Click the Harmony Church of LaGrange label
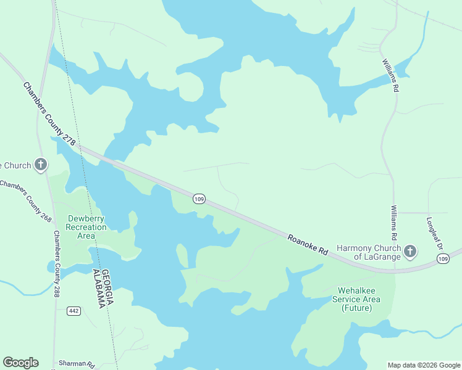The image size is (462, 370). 368,252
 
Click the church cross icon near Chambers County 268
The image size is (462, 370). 41,164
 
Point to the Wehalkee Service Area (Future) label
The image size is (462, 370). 356,299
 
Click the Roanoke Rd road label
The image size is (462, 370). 307,243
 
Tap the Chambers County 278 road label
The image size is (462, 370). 49,114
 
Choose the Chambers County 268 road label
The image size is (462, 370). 25,201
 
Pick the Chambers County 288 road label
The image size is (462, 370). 57,264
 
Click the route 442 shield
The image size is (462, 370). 74,311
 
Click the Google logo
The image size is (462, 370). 20,363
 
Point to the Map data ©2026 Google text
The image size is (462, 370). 423,365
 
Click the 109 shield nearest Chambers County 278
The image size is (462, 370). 199,199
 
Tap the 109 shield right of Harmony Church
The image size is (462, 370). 442,259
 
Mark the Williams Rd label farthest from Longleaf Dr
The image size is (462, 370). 390,76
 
